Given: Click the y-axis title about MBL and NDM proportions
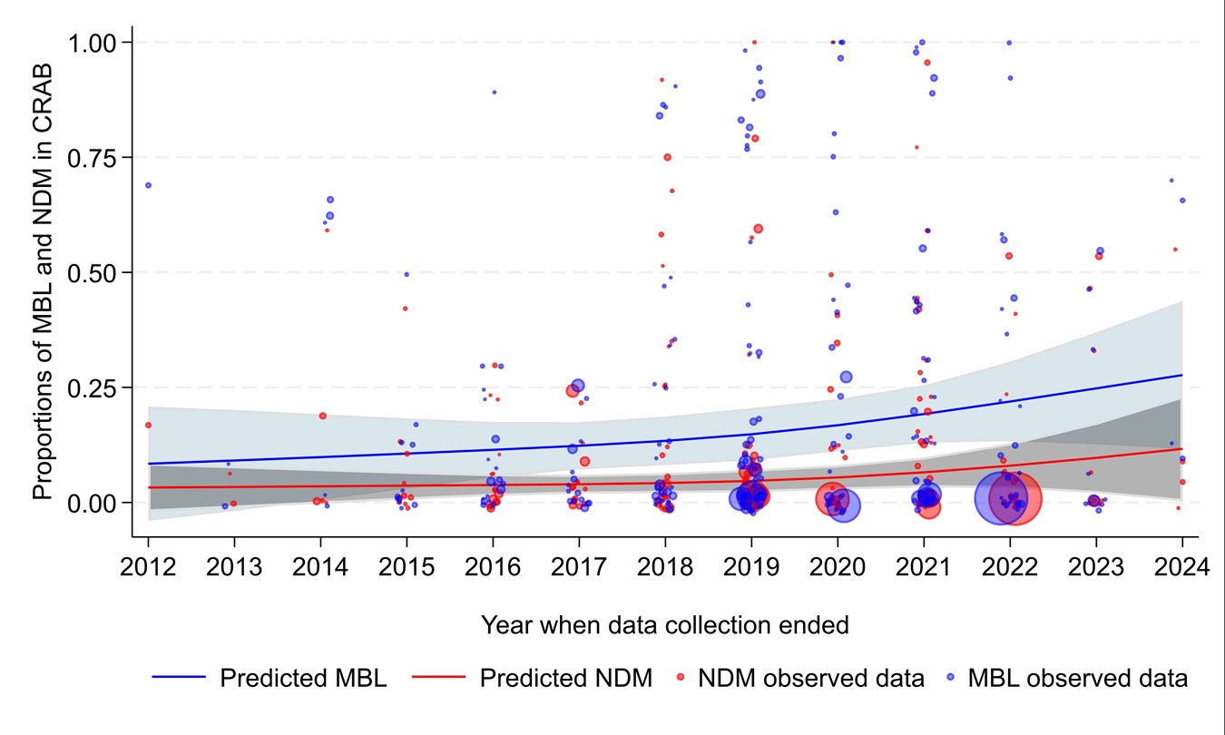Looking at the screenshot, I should (x=43, y=272).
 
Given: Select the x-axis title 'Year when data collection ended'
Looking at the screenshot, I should (x=665, y=624).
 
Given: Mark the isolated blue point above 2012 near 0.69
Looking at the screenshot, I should (x=148, y=185).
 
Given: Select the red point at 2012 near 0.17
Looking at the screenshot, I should (x=148, y=425).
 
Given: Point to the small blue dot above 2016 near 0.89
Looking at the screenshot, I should (x=495, y=92).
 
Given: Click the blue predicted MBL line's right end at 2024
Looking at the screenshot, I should (x=1181, y=375).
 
